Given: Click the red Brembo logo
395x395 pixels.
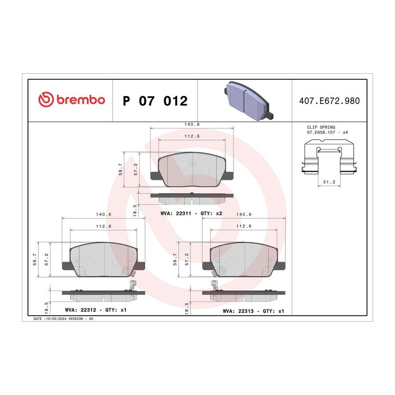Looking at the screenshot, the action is [72, 100].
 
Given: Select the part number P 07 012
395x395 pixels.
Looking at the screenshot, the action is [155, 101].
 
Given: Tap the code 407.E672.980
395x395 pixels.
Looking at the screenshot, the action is [329, 101].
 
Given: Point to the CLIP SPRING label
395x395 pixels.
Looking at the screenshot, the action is [321, 127].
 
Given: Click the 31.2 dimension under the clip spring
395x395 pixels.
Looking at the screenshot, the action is [329, 182].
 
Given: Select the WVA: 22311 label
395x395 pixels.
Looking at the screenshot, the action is [176, 213].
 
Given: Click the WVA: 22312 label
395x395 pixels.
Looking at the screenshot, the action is [81, 310].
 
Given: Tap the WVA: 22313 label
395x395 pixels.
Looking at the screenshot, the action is [238, 311].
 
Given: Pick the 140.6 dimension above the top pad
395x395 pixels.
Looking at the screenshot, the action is [192, 125].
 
